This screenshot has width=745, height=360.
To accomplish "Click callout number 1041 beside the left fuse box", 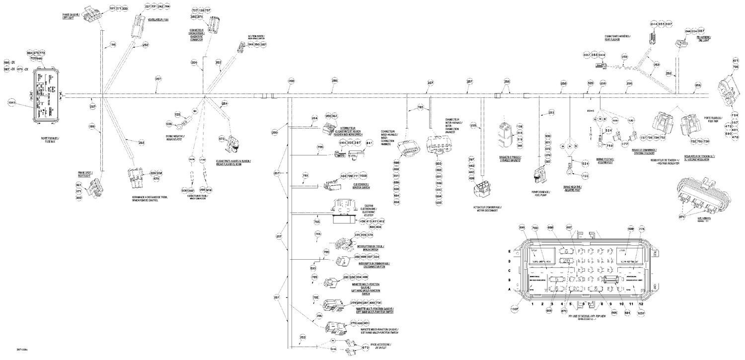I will point(12,103).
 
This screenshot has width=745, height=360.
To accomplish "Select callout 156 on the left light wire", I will point(113,45).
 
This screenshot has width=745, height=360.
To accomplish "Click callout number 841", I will point(369,143).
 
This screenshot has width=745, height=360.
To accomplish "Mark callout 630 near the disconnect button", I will point(313,269).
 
